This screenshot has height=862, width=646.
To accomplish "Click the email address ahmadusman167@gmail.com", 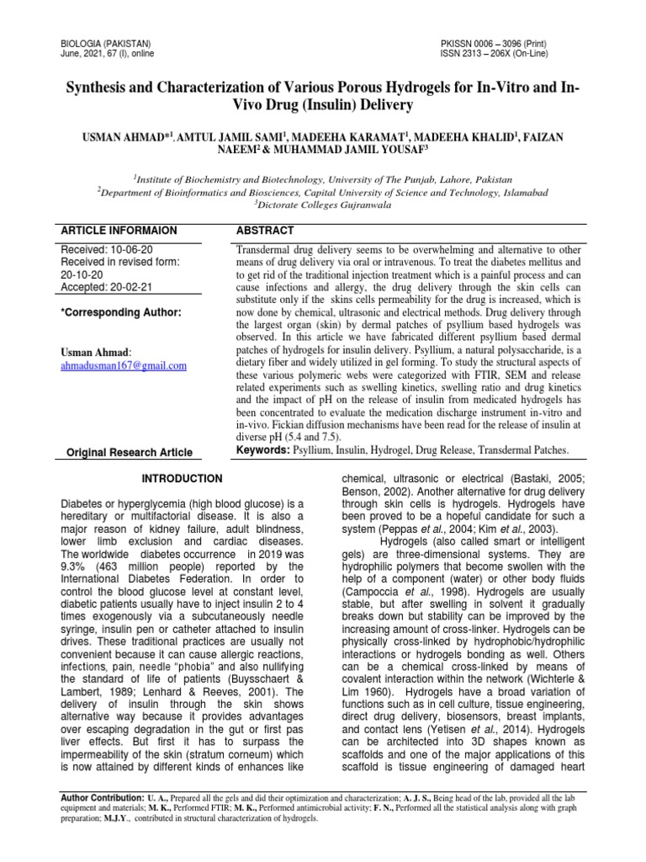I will [124, 366].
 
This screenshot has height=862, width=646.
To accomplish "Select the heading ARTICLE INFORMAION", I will [119, 230].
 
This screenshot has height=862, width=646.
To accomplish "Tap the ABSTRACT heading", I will [264, 230].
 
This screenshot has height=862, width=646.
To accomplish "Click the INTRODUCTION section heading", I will [182, 478].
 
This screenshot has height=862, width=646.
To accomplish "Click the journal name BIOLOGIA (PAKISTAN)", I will [106, 42].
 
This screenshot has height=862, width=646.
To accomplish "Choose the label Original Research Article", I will [130, 453].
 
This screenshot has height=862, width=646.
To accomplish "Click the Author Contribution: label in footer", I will [102, 795].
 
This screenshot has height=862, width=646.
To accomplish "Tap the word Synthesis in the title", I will [98, 89].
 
